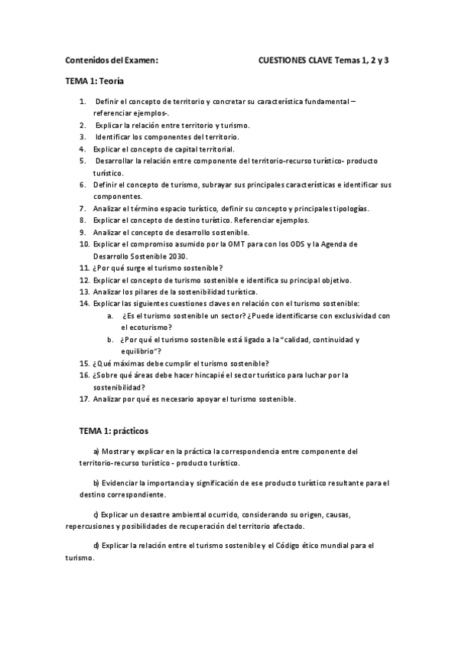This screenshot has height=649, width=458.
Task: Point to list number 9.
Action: (83, 232)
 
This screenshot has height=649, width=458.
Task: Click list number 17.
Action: (84, 399)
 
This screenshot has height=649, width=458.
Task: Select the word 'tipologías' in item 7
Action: (349, 208)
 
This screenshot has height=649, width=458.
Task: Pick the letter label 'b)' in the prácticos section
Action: (96, 483)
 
